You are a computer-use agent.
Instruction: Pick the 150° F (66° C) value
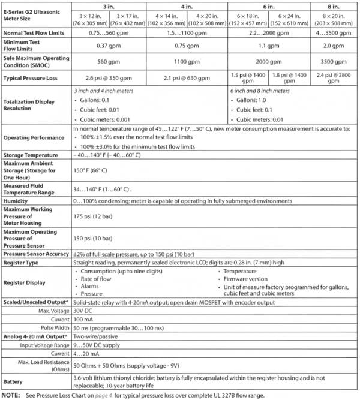click(91, 170)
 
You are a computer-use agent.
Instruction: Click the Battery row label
click(14, 381)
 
